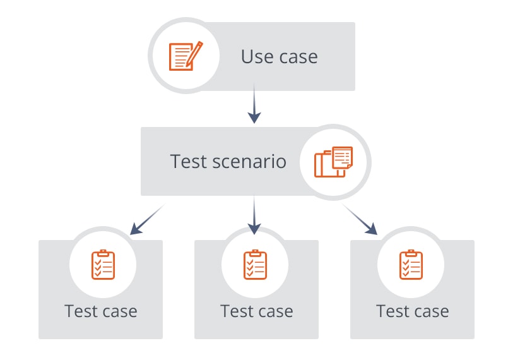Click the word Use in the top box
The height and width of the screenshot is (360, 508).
click(x=257, y=57)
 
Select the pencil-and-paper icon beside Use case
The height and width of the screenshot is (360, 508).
click(x=185, y=56)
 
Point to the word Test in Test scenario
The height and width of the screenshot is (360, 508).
click(x=188, y=161)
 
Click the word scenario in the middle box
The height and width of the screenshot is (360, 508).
click(x=249, y=161)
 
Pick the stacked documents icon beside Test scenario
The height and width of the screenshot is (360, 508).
click(x=333, y=162)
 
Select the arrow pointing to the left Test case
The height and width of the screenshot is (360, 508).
click(x=146, y=219)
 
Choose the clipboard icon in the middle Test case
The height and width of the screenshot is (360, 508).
click(x=256, y=264)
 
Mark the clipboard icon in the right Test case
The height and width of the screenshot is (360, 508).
click(x=411, y=264)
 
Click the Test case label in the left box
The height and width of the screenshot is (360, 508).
click(x=101, y=311)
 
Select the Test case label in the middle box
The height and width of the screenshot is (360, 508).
click(x=257, y=311)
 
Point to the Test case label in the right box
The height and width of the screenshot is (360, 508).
click(x=413, y=311)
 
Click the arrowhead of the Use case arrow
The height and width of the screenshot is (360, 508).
click(x=254, y=117)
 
